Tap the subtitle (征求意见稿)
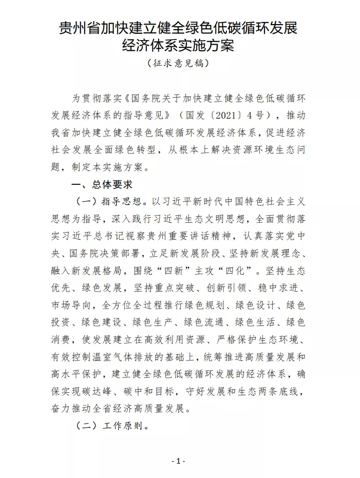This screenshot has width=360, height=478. click(178, 64)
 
